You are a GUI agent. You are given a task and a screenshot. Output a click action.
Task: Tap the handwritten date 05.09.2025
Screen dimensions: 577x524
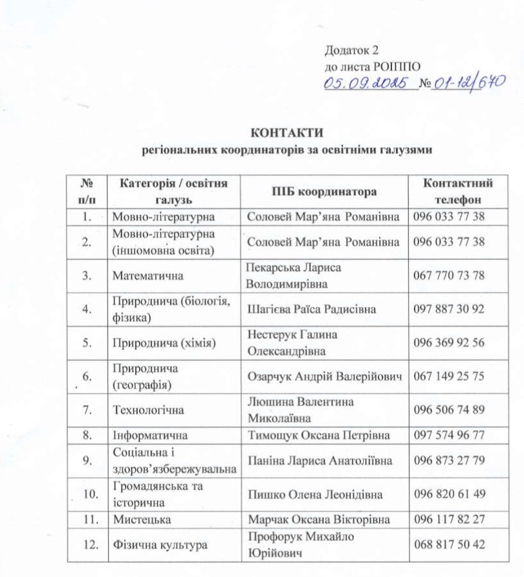368,83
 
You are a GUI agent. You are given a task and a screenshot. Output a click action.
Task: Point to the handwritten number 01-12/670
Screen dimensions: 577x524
469,82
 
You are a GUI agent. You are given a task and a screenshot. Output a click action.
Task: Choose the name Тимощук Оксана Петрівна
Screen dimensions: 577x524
319,435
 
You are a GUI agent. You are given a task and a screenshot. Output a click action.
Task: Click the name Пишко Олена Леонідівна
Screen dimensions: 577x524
315,494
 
